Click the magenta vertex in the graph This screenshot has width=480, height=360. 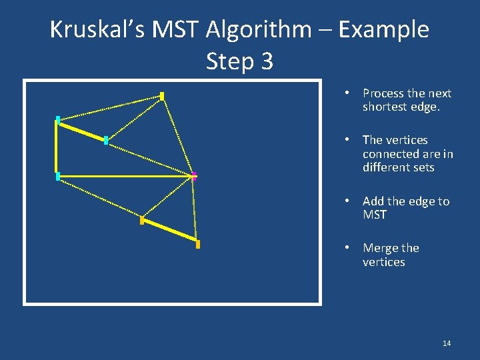click(x=194, y=176)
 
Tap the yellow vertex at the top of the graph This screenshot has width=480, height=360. click(x=162, y=96)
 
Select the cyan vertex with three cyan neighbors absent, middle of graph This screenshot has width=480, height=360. click(x=106, y=140)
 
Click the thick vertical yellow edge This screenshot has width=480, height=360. click(x=57, y=148)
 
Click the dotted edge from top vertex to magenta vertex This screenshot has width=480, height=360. click(x=178, y=136)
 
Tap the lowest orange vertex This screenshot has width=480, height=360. click(x=198, y=245)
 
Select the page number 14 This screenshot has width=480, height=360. click(x=447, y=343)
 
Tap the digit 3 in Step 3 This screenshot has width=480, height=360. click(x=266, y=61)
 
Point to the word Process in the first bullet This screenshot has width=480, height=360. click(x=384, y=93)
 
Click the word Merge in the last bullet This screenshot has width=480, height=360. click(x=382, y=248)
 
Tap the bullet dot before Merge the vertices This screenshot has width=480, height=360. click(x=348, y=248)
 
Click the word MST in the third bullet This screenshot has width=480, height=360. click(x=374, y=215)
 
